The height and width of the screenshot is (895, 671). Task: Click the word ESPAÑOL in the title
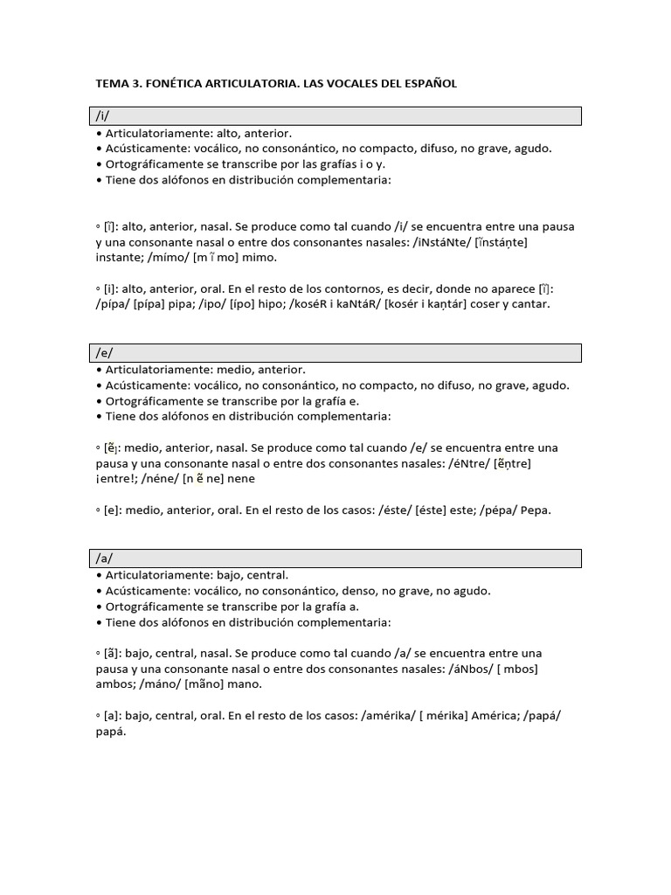[x=426, y=84]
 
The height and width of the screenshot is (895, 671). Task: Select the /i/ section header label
[x=103, y=116]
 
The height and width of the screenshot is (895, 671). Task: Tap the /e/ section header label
[x=104, y=352]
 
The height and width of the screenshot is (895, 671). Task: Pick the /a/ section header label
[x=104, y=559]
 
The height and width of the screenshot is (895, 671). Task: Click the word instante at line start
[x=119, y=258]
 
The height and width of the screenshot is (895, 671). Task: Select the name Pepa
[x=536, y=510]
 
